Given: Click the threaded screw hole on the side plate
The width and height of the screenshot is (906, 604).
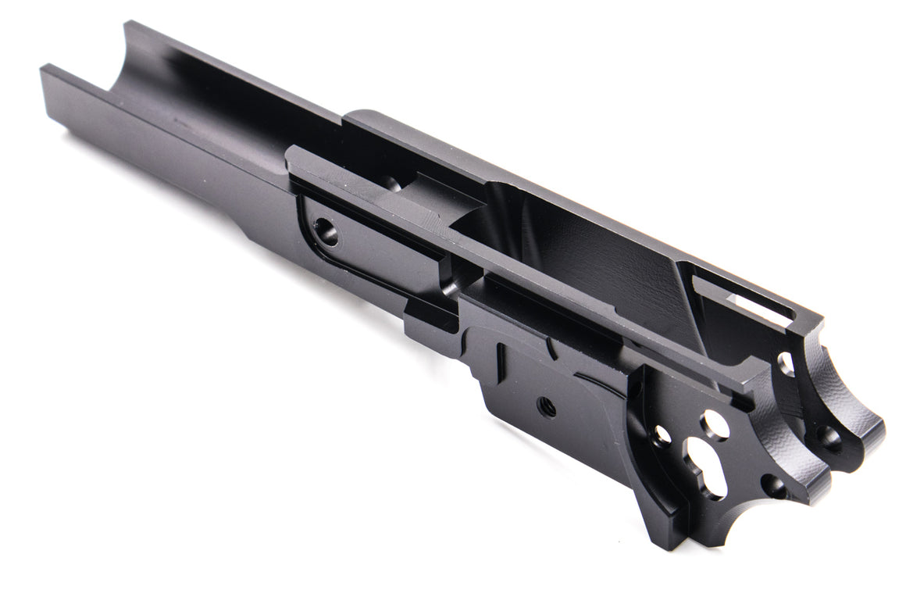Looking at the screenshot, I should point(547,406).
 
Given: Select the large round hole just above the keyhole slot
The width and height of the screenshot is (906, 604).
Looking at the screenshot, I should point(714,425).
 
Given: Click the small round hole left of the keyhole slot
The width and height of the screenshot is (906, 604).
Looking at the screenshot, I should point(662,434).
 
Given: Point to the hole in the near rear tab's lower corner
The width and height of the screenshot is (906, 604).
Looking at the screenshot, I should point(773,486).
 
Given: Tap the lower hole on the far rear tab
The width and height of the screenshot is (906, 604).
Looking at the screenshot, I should point(829,438).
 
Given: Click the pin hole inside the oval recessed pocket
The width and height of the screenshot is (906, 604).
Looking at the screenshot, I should point(326,232).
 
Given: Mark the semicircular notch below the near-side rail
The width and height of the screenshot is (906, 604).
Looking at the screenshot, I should point(451,285).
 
